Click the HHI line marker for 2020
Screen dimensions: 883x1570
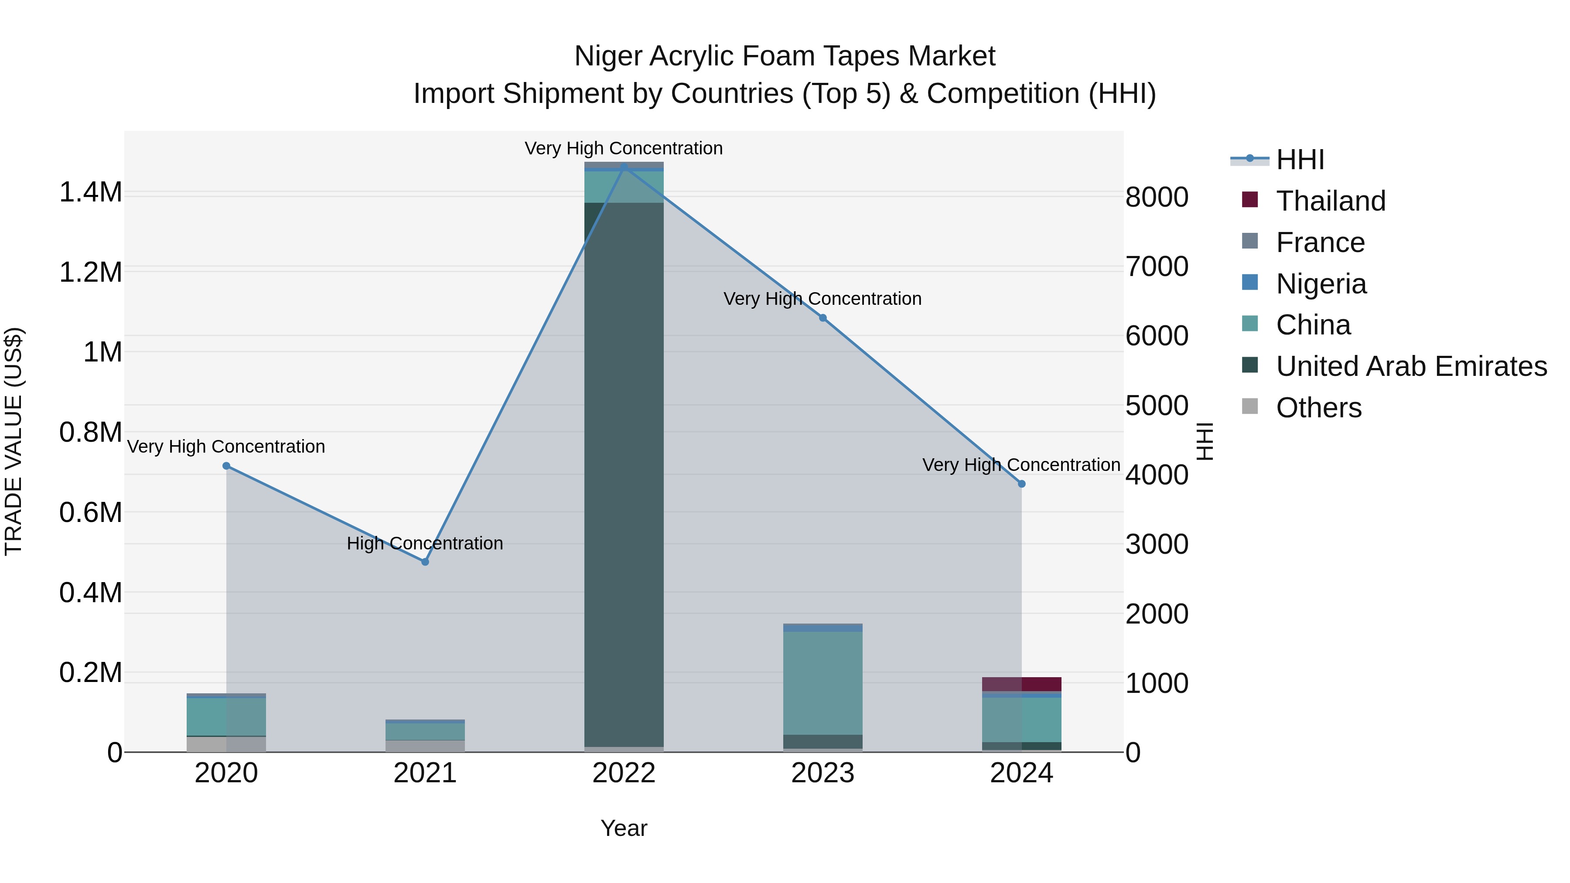[x=226, y=466]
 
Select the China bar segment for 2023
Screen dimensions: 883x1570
[x=823, y=682]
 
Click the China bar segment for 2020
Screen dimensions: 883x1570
[x=226, y=716]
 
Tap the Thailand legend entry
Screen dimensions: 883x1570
[x=1331, y=201]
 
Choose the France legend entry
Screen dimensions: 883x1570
[x=1320, y=242]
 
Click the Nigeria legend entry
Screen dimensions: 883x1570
[x=1321, y=284]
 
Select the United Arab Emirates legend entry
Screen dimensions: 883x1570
[x=1411, y=366]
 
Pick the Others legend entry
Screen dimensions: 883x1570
[x=1318, y=408]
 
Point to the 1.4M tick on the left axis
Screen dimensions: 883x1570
[x=91, y=193]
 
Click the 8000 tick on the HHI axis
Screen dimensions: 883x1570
[x=1156, y=198]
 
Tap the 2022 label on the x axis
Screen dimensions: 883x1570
[x=624, y=773]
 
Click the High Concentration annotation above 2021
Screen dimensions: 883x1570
[x=425, y=543]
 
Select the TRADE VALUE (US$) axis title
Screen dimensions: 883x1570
[x=14, y=441]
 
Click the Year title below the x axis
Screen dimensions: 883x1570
[x=624, y=828]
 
